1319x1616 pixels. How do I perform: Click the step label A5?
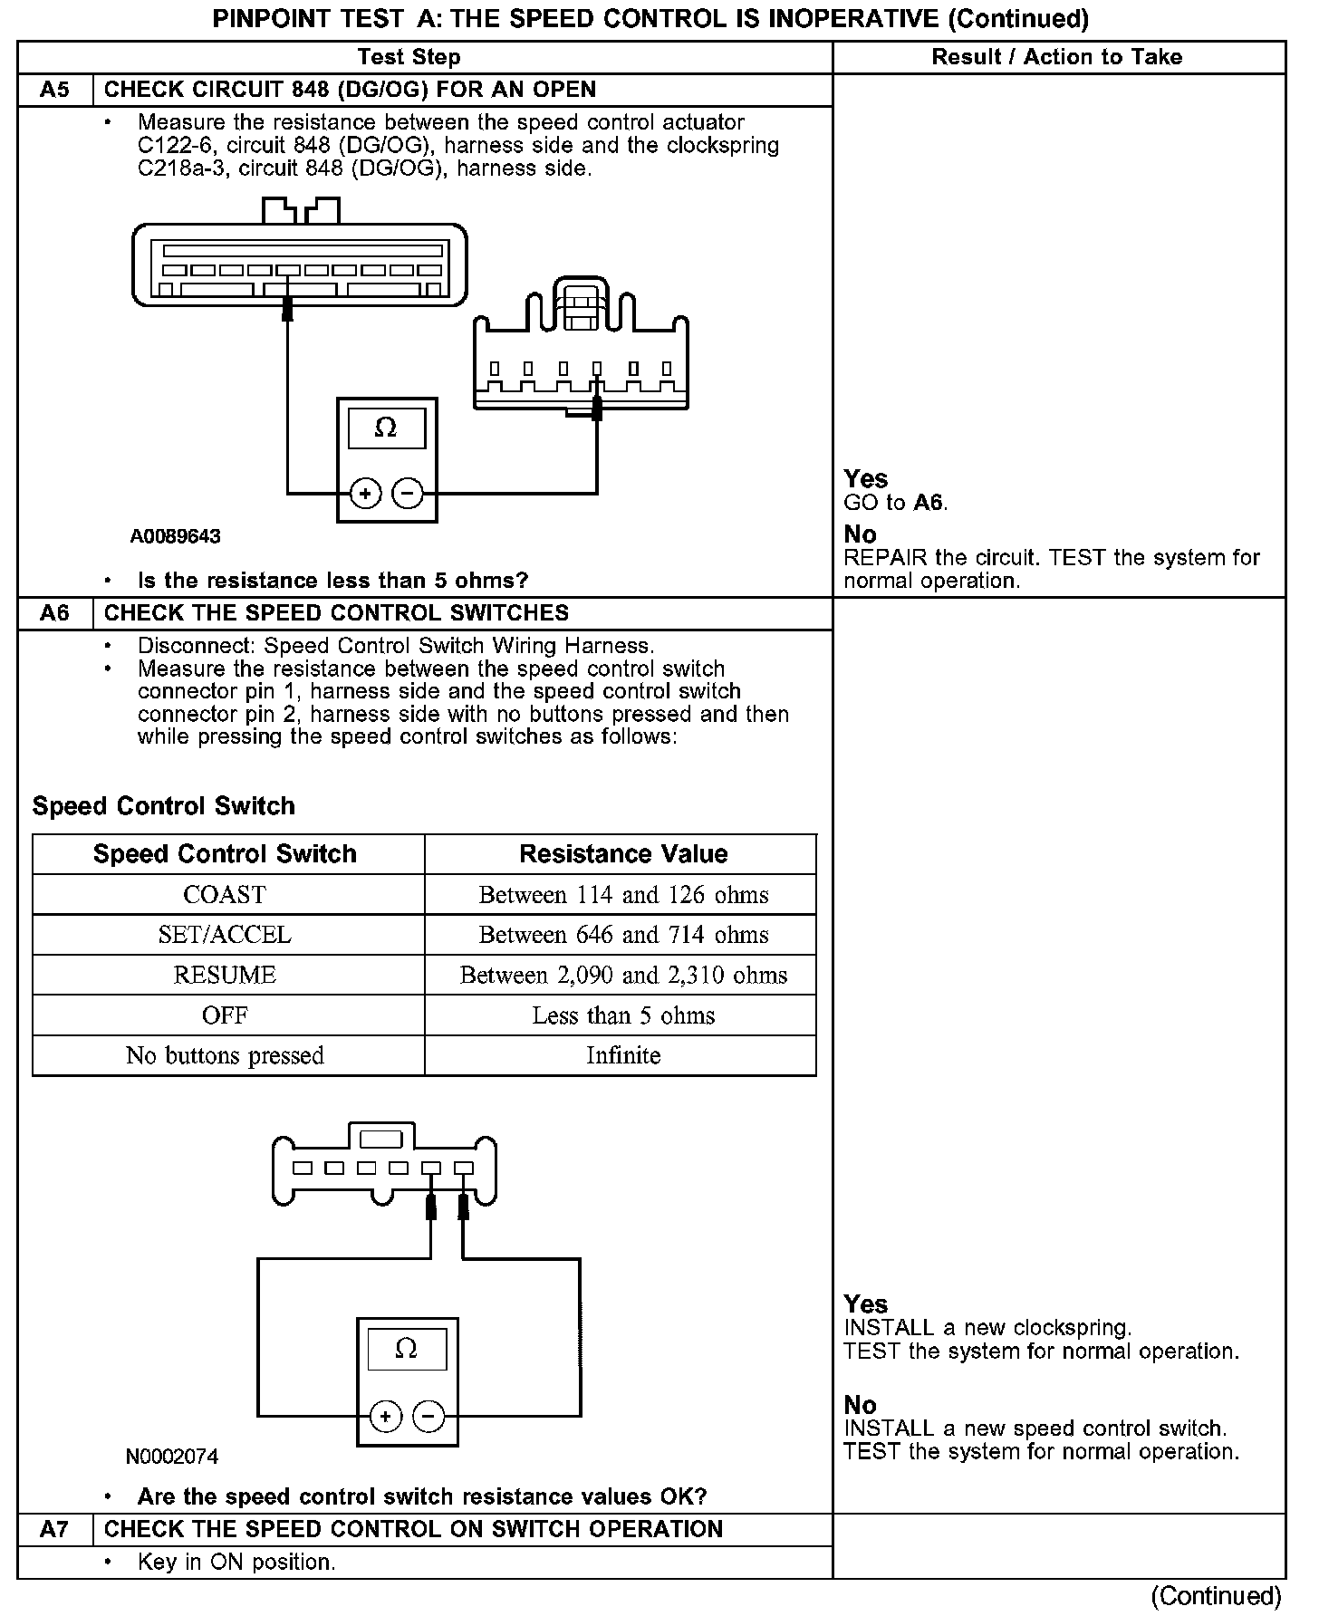[x=54, y=90]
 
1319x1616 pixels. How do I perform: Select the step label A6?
[x=54, y=613]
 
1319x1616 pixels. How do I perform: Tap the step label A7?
[x=54, y=1530]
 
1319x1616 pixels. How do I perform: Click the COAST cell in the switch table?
[x=225, y=895]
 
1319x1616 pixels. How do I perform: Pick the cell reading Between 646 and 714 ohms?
[x=623, y=935]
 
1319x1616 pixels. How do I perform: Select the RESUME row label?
[x=225, y=976]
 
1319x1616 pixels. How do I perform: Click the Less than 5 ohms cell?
[x=623, y=1015]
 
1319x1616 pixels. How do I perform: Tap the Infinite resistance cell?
[x=623, y=1055]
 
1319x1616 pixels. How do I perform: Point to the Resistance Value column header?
[x=623, y=854]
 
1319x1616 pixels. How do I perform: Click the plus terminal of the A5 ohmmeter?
[x=365, y=494]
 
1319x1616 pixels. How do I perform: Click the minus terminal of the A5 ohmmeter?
[x=409, y=494]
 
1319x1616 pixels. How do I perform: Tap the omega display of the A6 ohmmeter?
[x=407, y=1349]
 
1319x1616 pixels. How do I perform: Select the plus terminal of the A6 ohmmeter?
[x=386, y=1416]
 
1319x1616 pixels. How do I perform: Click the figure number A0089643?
[x=175, y=536]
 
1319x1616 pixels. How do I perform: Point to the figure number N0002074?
[x=172, y=1457]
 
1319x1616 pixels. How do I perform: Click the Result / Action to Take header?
[x=1057, y=57]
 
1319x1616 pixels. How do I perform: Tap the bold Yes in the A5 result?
[x=865, y=479]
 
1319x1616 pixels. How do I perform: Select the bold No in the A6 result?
[x=860, y=1405]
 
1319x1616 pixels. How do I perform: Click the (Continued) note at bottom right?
[x=1216, y=1595]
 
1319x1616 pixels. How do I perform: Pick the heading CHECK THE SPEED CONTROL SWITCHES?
[x=336, y=613]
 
